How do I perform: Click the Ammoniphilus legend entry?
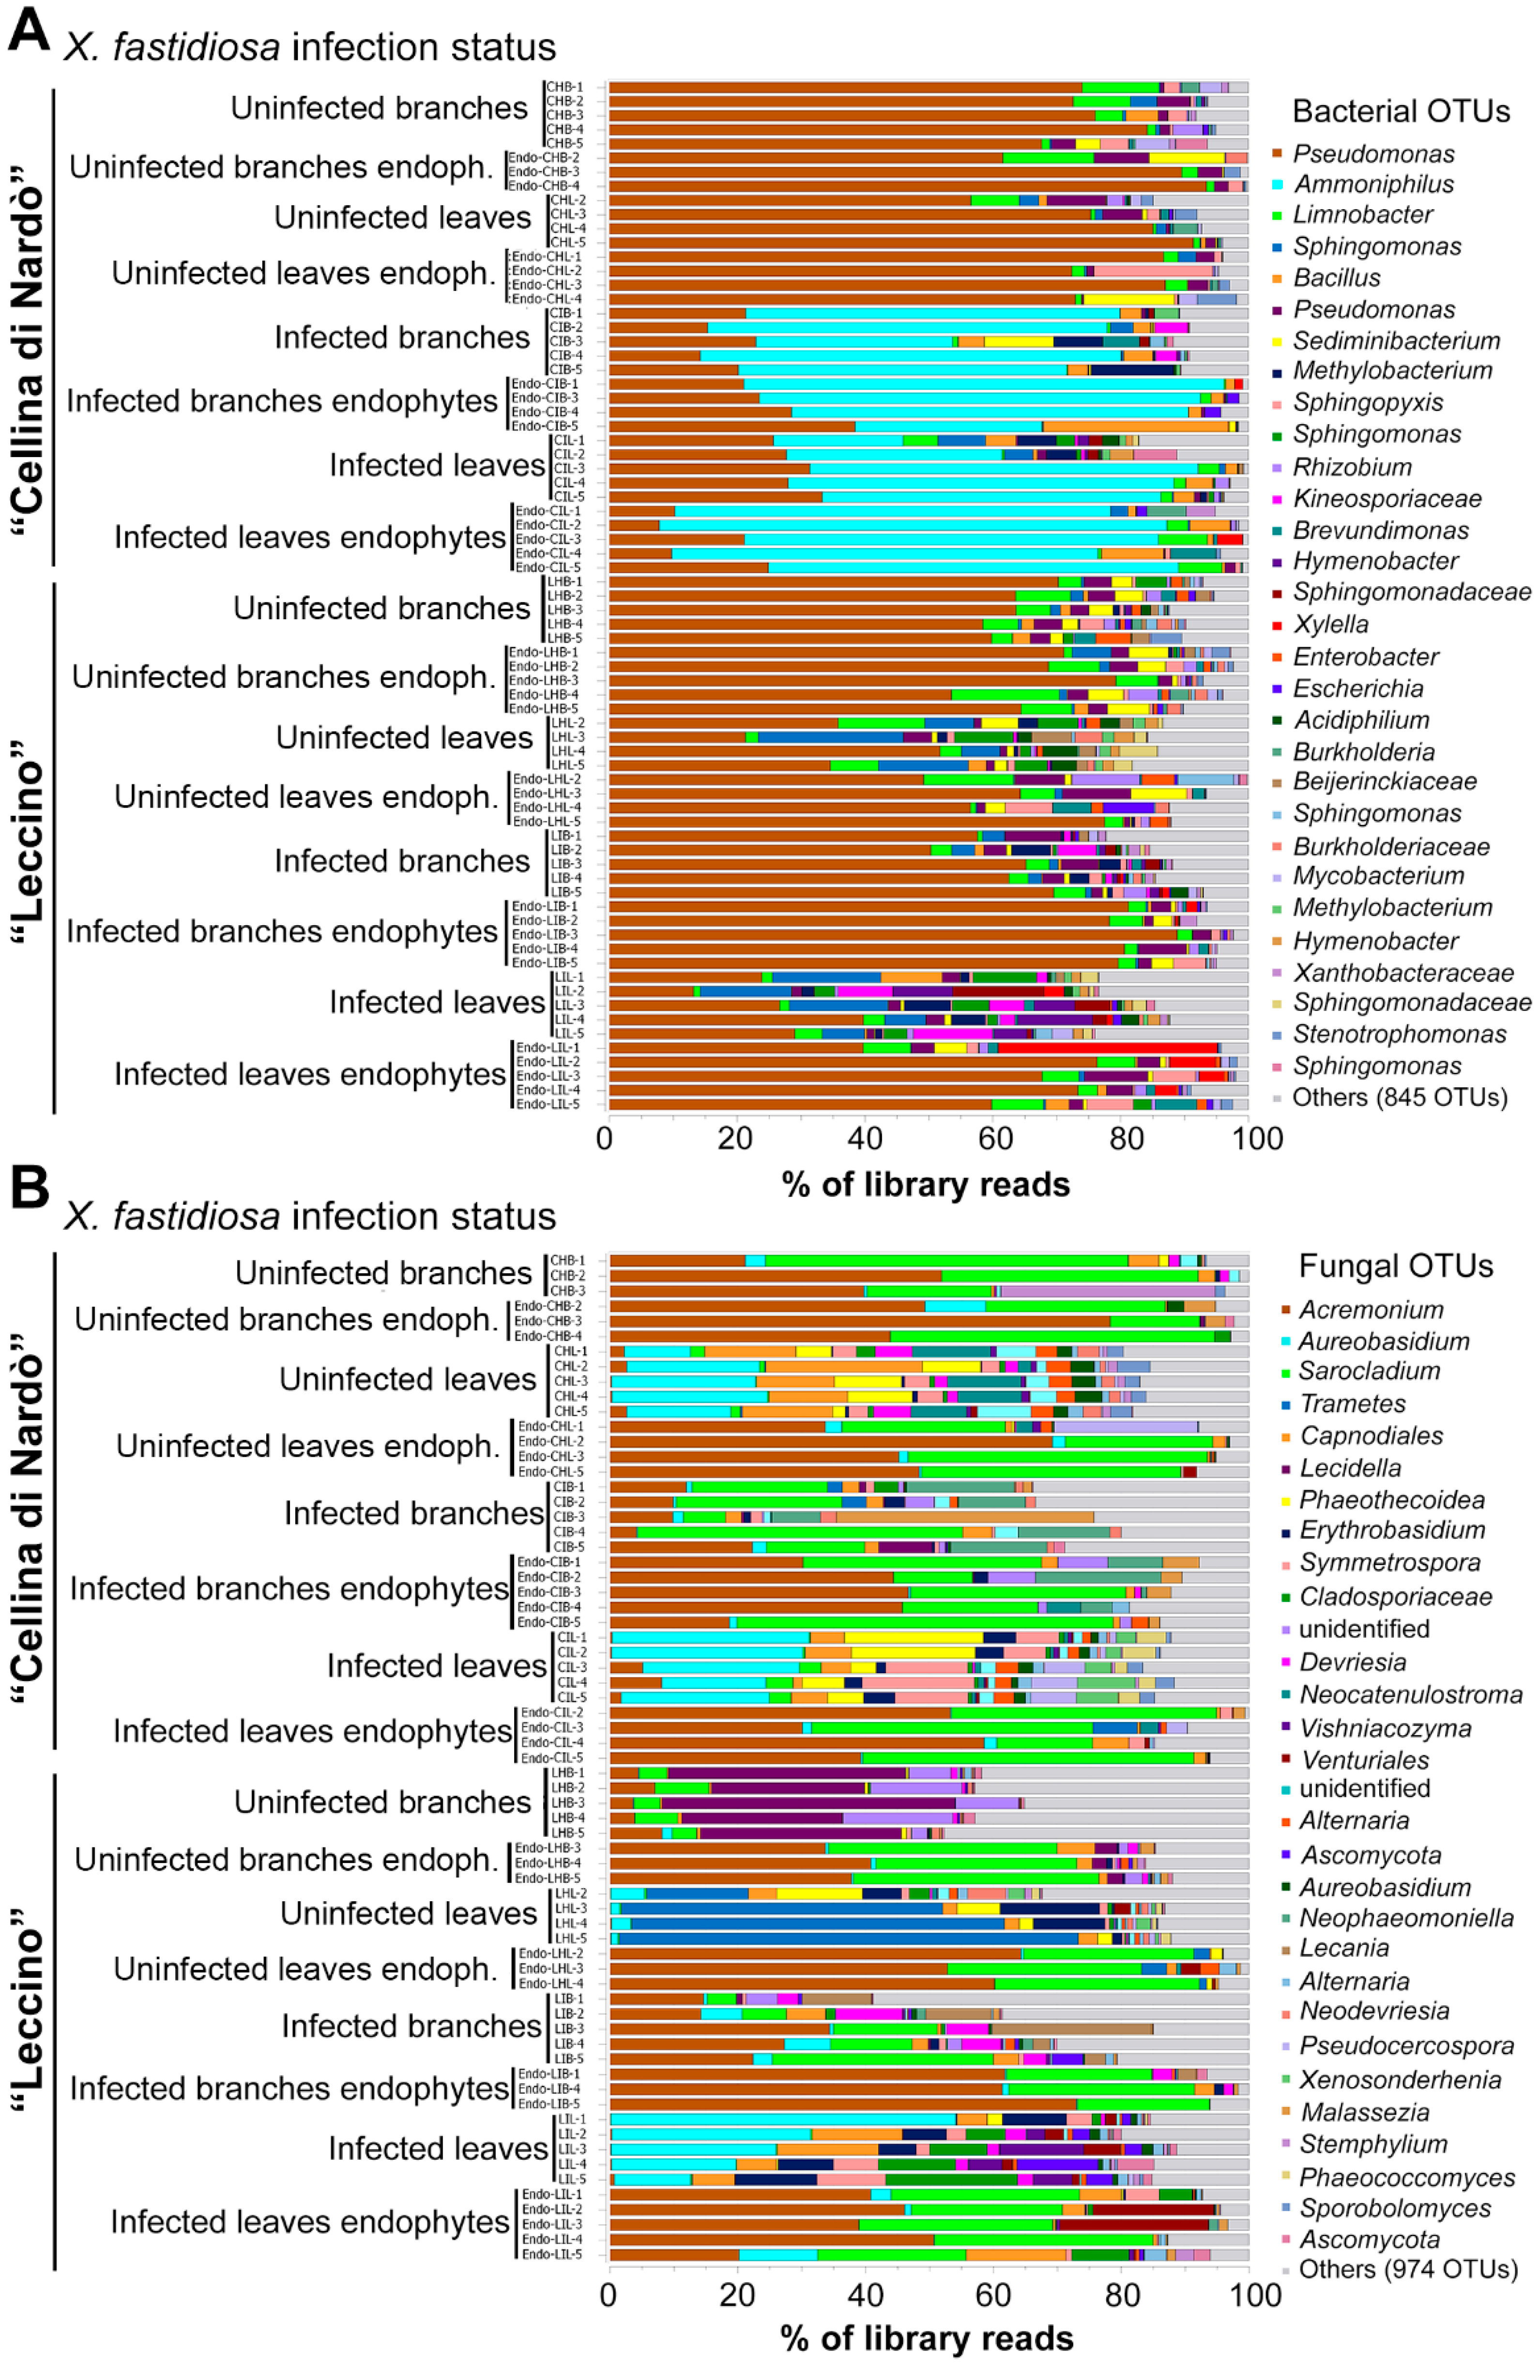[1373, 184]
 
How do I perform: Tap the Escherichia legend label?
[1357, 687]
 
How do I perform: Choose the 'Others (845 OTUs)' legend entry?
[1399, 1097]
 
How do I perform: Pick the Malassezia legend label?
[1364, 2112]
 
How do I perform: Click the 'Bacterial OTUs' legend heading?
[1401, 111]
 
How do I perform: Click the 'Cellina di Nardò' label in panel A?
[30, 328]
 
